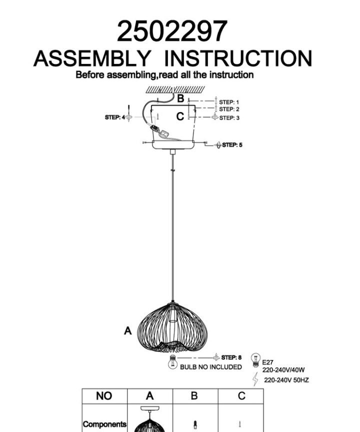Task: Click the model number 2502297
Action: pos(172,31)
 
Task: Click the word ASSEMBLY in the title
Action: pos(92,58)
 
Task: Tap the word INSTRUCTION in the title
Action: pos(237,58)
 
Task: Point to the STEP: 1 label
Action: pos(229,102)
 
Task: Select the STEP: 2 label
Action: pos(229,109)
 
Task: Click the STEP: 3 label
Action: pos(229,118)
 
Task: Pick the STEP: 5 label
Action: pos(232,145)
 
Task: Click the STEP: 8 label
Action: pos(231,357)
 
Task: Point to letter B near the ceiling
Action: pos(180,98)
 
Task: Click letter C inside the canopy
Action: pos(180,116)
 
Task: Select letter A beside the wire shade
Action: pos(128,330)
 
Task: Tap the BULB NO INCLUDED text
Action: pos(211,367)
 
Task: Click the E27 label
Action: pos(267,362)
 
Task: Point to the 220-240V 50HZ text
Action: pos(286,380)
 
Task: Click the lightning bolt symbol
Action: pos(255,379)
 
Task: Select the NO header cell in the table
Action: pos(104,396)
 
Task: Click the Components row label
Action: pos(104,424)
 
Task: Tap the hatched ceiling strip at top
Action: pos(175,89)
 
